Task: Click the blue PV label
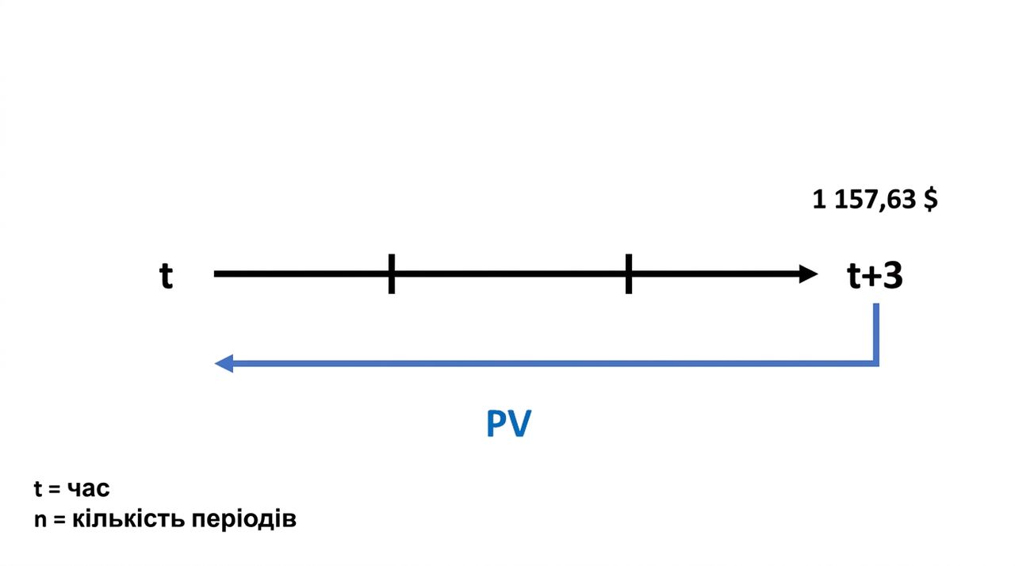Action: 508,423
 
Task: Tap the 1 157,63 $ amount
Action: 875,199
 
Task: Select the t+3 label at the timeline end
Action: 875,275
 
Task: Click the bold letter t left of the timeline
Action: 167,275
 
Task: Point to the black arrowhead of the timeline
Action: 808,274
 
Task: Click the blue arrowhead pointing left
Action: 224,363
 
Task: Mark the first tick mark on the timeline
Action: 392,274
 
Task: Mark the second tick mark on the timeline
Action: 629,274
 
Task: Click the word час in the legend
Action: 88,489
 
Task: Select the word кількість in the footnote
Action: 128,519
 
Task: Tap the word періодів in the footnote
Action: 243,520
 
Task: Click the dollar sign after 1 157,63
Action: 931,199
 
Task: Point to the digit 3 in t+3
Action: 892,275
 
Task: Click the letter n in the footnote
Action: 40,520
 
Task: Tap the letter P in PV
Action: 496,423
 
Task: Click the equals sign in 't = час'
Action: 55,489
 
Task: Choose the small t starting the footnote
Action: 38,488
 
